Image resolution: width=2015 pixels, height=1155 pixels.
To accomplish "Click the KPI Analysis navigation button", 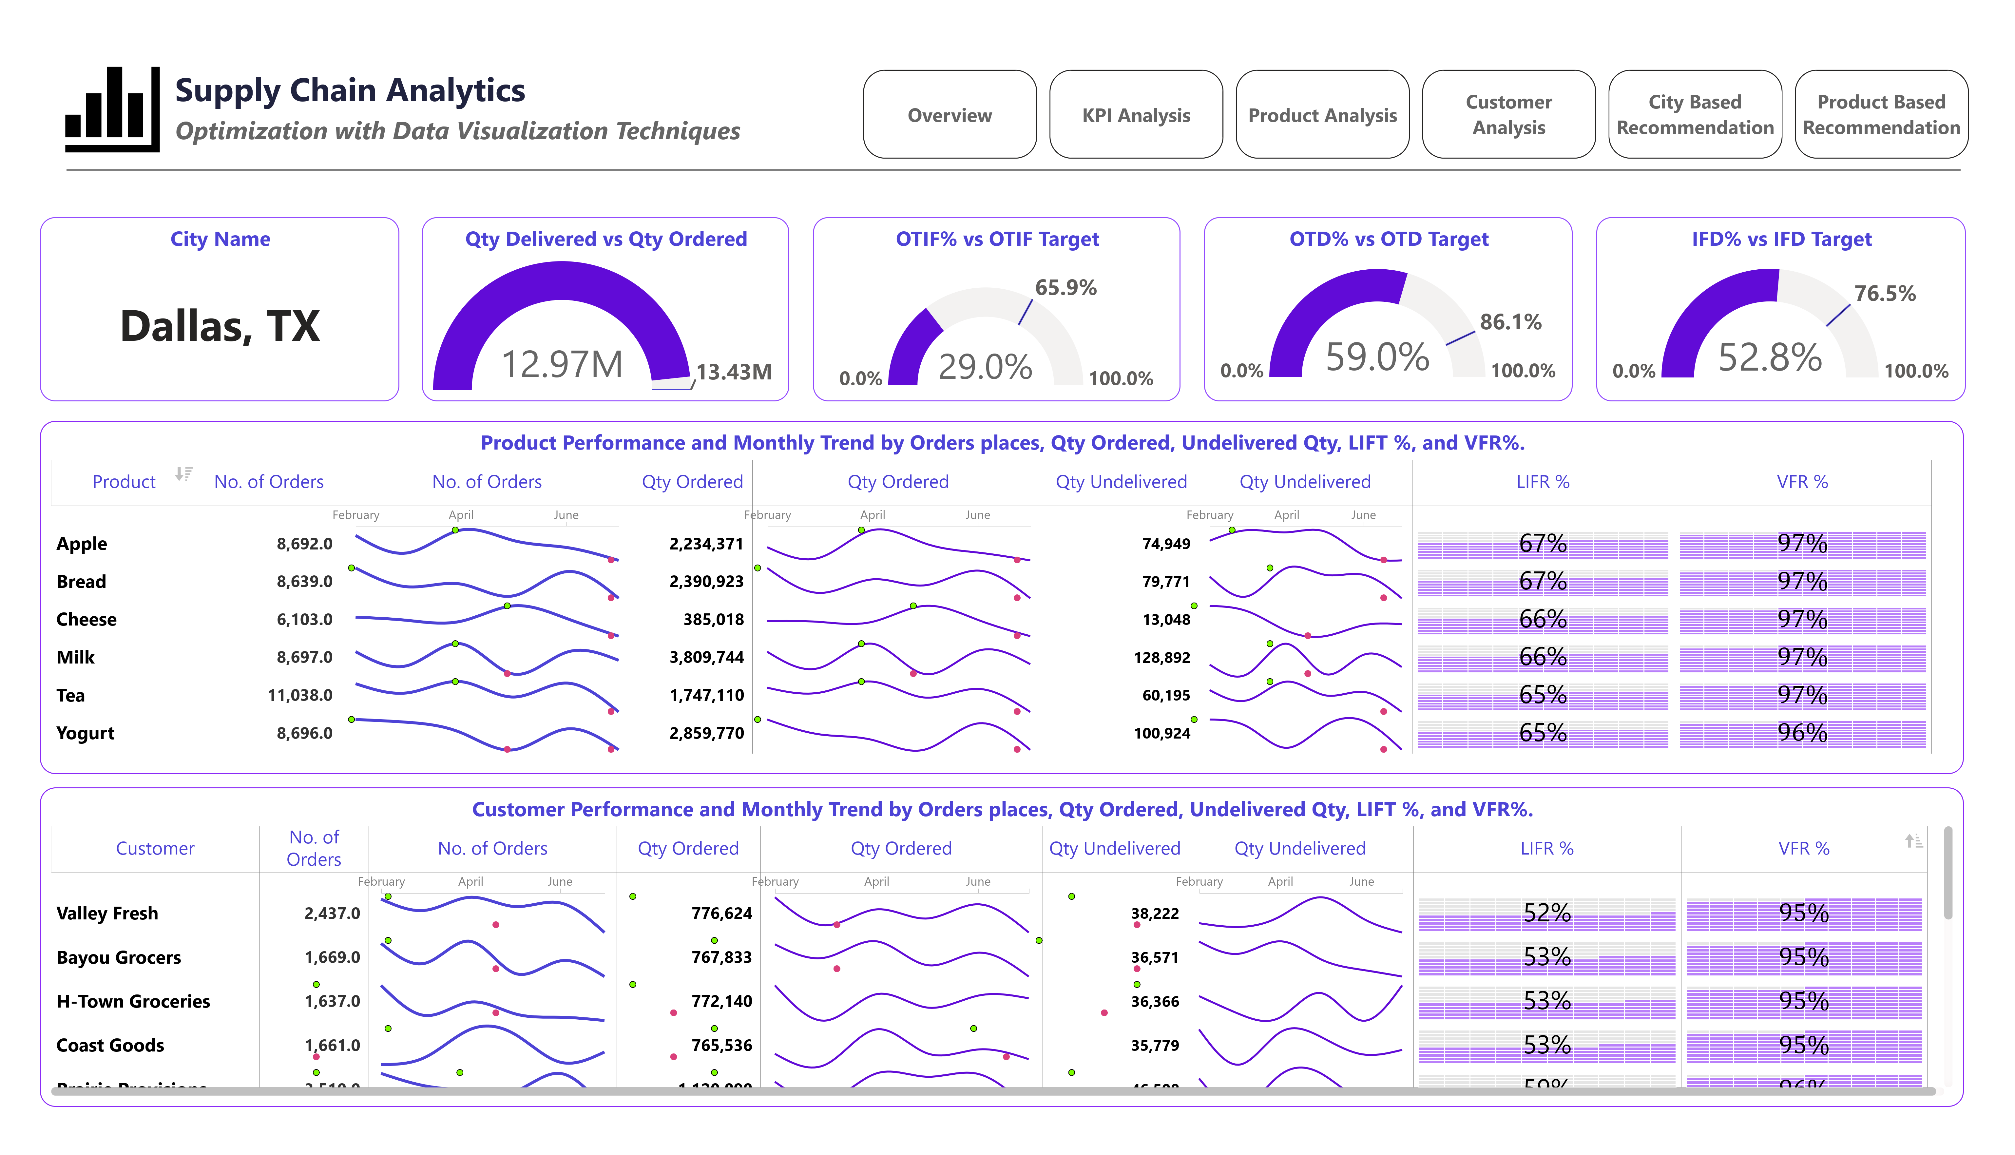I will (1136, 115).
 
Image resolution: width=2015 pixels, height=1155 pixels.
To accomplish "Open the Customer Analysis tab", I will (1508, 115).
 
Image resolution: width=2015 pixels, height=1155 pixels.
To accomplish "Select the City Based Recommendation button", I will (1695, 115).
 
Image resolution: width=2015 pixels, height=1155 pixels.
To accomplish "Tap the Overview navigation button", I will (949, 115).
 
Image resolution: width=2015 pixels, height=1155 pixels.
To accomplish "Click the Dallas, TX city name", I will (220, 326).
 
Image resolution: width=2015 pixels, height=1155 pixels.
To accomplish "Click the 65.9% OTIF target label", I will (1065, 288).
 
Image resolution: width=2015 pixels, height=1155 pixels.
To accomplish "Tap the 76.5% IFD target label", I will (1884, 294).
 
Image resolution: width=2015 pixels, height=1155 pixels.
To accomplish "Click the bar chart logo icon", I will (113, 109).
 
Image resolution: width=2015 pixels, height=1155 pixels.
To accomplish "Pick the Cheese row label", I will (86, 620).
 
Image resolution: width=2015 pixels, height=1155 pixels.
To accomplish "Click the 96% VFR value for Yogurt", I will (1802, 733).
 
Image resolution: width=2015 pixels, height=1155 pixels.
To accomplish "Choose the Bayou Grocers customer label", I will (119, 957).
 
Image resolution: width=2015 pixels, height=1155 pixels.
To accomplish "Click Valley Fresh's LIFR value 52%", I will (1546, 913).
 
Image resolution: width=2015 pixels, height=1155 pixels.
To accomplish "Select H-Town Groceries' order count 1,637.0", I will (332, 1001).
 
